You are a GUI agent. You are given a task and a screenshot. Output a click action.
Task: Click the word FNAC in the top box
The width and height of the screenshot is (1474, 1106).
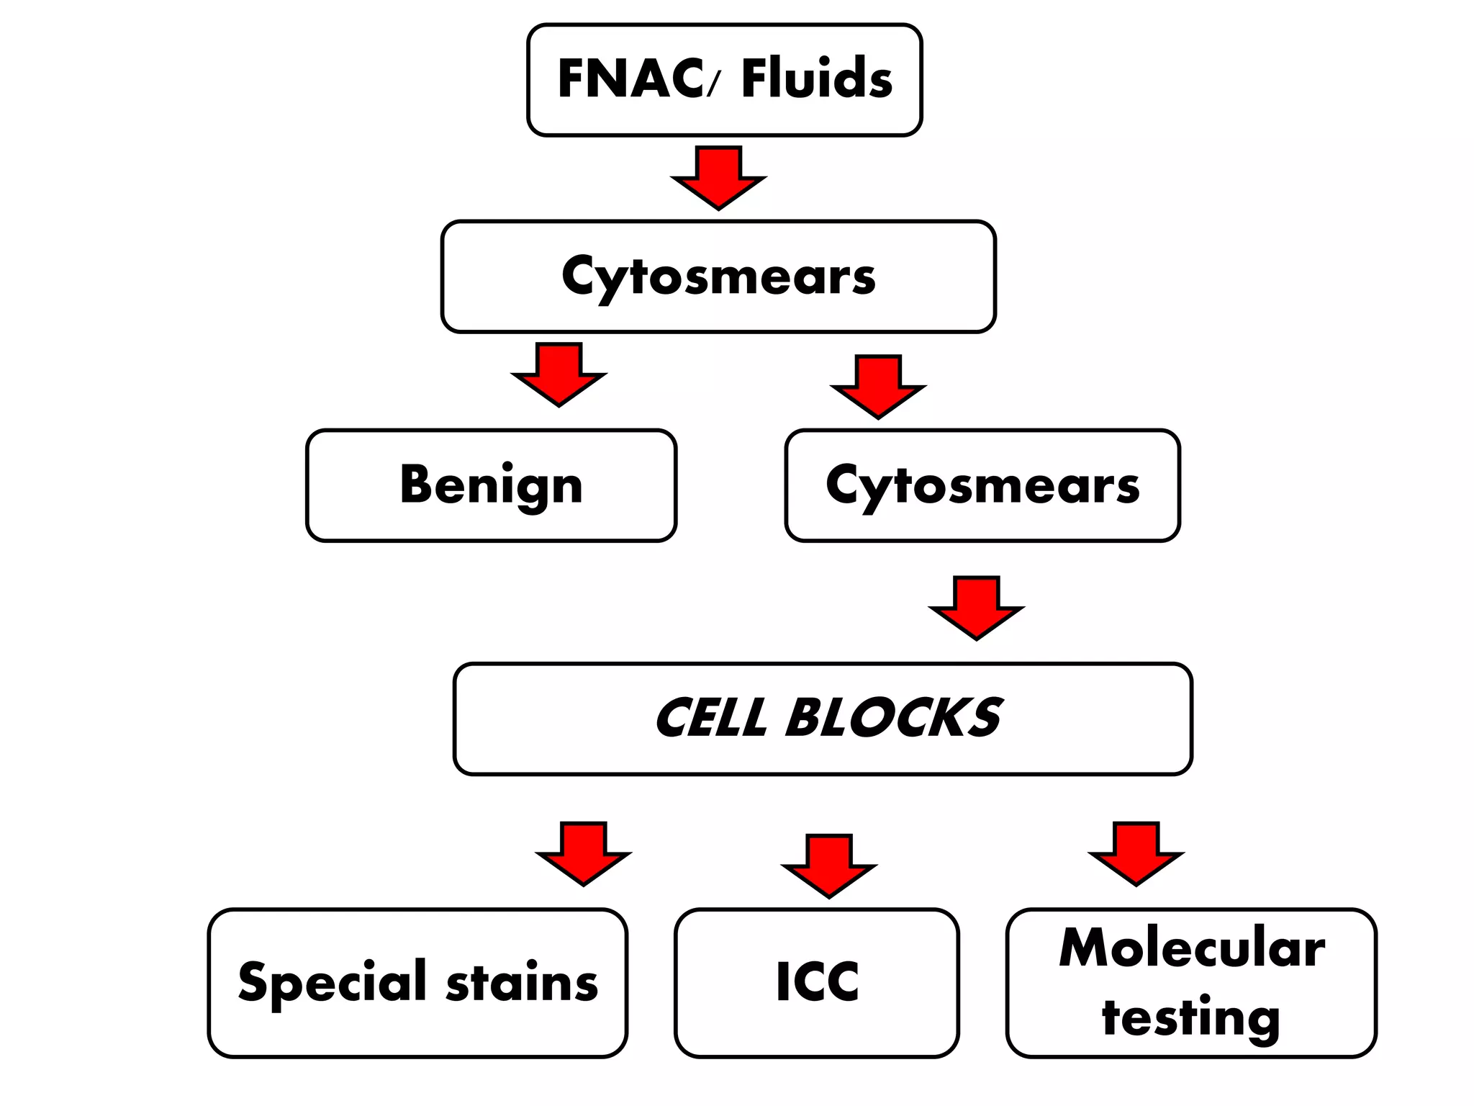[x=630, y=78]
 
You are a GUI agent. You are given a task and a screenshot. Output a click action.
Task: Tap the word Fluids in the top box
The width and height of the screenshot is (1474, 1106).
[x=816, y=78]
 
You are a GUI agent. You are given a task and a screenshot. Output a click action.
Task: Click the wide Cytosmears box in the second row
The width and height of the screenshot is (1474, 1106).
[x=718, y=276]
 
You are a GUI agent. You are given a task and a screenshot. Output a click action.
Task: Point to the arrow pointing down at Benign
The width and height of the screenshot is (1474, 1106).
[x=559, y=374]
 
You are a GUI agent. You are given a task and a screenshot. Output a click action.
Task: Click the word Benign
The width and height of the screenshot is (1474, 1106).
[x=491, y=486]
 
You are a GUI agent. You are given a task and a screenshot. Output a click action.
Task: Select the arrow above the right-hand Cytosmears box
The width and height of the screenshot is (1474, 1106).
[x=878, y=387]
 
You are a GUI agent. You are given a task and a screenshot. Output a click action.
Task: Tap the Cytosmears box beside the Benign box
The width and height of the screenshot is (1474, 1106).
[x=982, y=486]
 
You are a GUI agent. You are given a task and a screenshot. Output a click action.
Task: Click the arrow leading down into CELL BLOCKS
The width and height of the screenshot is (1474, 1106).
[x=976, y=608]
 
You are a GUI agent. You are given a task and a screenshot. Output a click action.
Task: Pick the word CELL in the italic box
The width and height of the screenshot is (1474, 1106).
[x=711, y=719]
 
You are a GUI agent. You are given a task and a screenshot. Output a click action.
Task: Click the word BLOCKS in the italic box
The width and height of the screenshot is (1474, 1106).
[x=892, y=719]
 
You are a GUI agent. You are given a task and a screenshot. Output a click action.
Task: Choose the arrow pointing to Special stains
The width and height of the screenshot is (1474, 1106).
[x=583, y=853]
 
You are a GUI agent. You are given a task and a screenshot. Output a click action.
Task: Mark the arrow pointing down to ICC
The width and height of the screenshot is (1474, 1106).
[x=829, y=866]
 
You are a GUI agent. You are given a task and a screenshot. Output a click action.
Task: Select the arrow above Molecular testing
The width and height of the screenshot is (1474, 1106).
[x=1136, y=853]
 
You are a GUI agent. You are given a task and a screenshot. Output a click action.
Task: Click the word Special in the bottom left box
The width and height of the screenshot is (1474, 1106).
[x=333, y=983]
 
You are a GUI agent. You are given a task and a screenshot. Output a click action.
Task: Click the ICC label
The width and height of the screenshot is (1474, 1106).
[x=817, y=982]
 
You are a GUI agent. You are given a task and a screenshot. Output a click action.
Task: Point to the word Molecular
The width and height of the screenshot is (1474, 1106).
[x=1191, y=948]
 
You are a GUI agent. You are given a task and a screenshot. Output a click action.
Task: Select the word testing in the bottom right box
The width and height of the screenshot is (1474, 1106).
[x=1191, y=1018]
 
